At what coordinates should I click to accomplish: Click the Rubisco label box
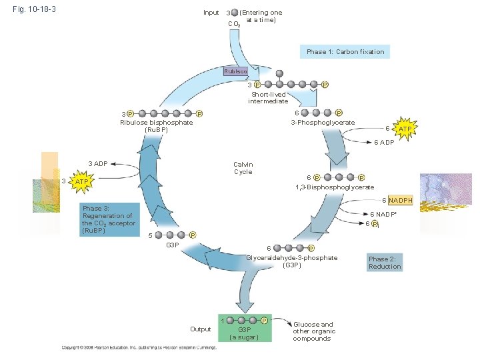click(235, 71)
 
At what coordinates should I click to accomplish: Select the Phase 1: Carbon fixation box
click(345, 52)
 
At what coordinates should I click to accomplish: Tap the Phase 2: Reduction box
click(385, 263)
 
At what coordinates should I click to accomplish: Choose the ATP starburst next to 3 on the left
click(81, 182)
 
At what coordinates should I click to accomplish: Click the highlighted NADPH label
click(401, 200)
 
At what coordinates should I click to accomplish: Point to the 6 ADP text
click(383, 142)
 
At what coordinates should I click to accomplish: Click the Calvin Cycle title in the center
click(243, 168)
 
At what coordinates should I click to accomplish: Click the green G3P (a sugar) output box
click(245, 329)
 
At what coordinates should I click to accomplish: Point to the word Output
click(200, 329)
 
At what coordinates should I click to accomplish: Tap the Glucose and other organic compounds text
click(313, 331)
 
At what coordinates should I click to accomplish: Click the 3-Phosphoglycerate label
click(322, 123)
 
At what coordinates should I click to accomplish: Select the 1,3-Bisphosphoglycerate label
click(334, 187)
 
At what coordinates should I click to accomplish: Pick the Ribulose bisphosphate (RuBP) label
click(156, 126)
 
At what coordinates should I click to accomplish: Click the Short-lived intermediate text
click(268, 97)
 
